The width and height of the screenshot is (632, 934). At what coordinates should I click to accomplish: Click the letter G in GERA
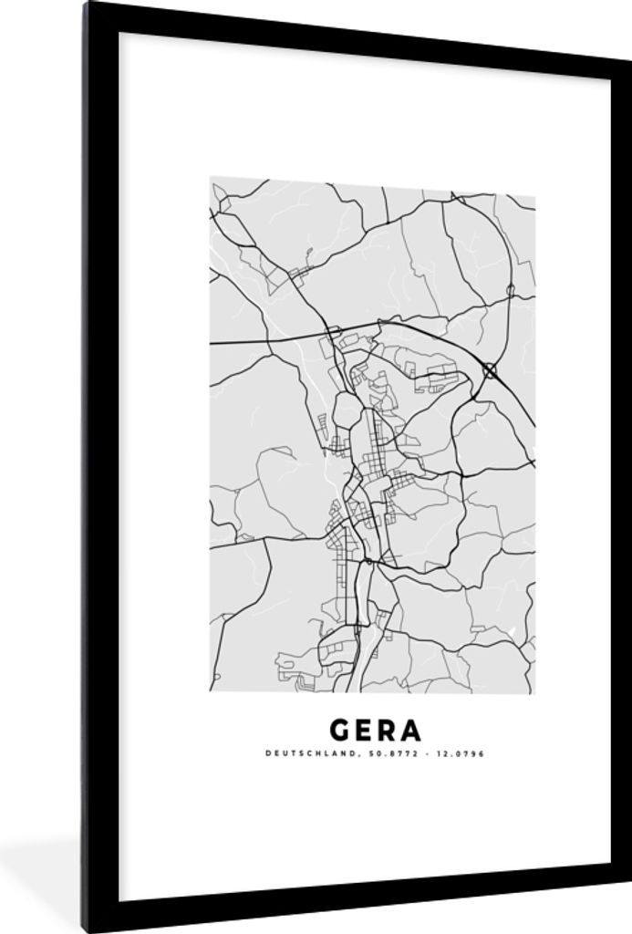tap(342, 730)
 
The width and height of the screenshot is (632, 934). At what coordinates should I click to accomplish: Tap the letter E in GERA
tap(367, 730)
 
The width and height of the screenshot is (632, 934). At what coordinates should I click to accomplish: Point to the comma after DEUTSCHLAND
tap(337, 755)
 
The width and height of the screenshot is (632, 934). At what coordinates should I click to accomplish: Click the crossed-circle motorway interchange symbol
tap(492, 370)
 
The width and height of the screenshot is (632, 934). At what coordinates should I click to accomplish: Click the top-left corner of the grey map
tap(211, 178)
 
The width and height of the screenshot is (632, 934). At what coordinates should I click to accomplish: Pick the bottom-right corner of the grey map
tap(534, 692)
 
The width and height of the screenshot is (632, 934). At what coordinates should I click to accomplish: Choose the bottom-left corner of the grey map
tap(211, 690)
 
